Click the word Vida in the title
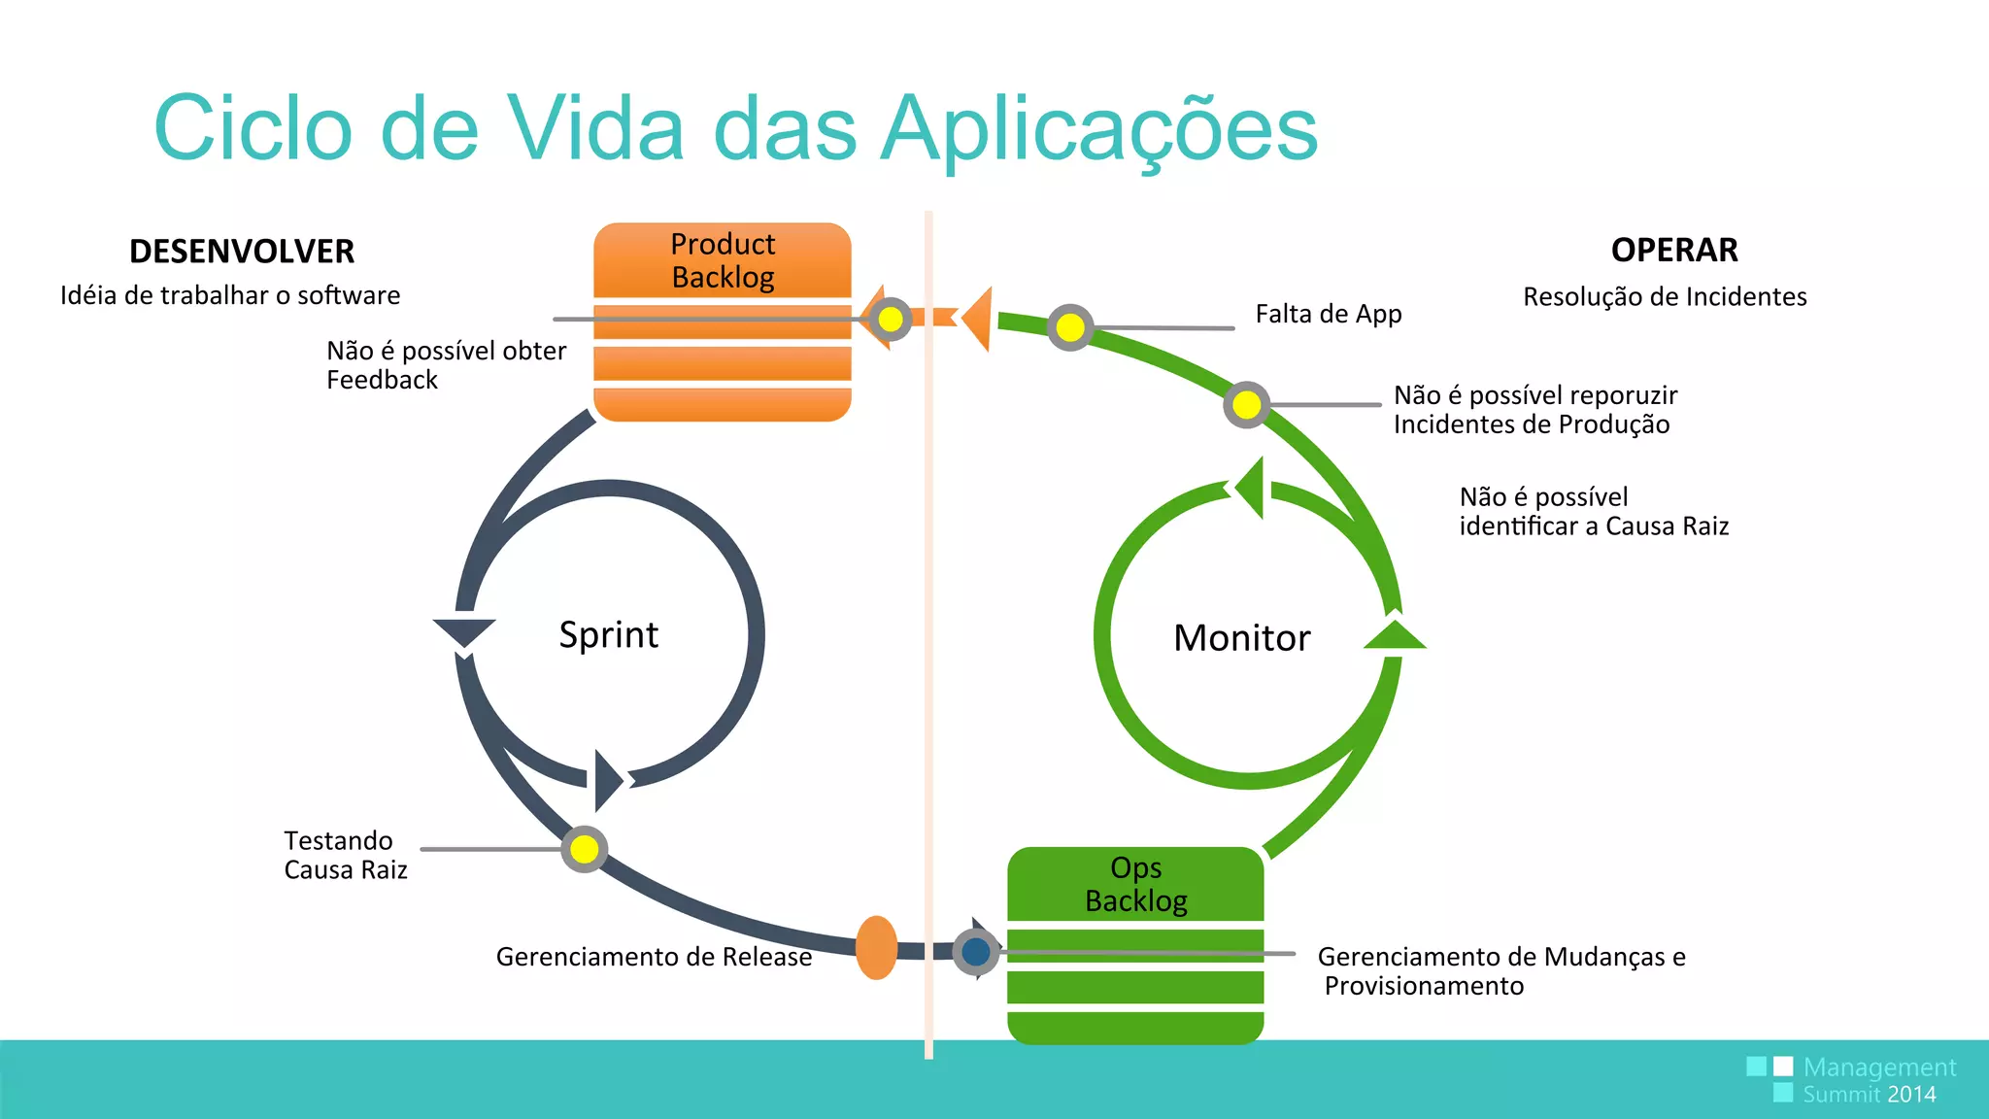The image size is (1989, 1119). click(596, 129)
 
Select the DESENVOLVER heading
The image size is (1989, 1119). click(242, 252)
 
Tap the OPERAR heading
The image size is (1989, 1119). click(1674, 251)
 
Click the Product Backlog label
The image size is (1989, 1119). click(723, 260)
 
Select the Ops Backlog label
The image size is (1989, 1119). click(1135, 884)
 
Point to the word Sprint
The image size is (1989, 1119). click(609, 635)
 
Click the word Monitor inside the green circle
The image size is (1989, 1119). click(1241, 638)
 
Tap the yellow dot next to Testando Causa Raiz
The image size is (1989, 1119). click(585, 849)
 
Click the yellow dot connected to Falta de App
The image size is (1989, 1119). click(1070, 327)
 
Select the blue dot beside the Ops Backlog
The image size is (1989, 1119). click(976, 952)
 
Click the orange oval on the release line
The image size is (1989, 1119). click(876, 948)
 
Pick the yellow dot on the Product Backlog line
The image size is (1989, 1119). click(891, 319)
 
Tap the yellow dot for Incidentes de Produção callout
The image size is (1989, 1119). click(1246, 405)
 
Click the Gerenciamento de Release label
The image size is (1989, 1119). click(654, 957)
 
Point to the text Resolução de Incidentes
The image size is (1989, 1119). click(1665, 297)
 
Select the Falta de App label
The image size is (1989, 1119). click(1328, 314)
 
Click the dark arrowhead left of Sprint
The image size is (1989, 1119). click(464, 632)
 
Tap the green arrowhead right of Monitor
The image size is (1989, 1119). click(1395, 635)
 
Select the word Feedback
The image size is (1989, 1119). click(382, 380)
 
